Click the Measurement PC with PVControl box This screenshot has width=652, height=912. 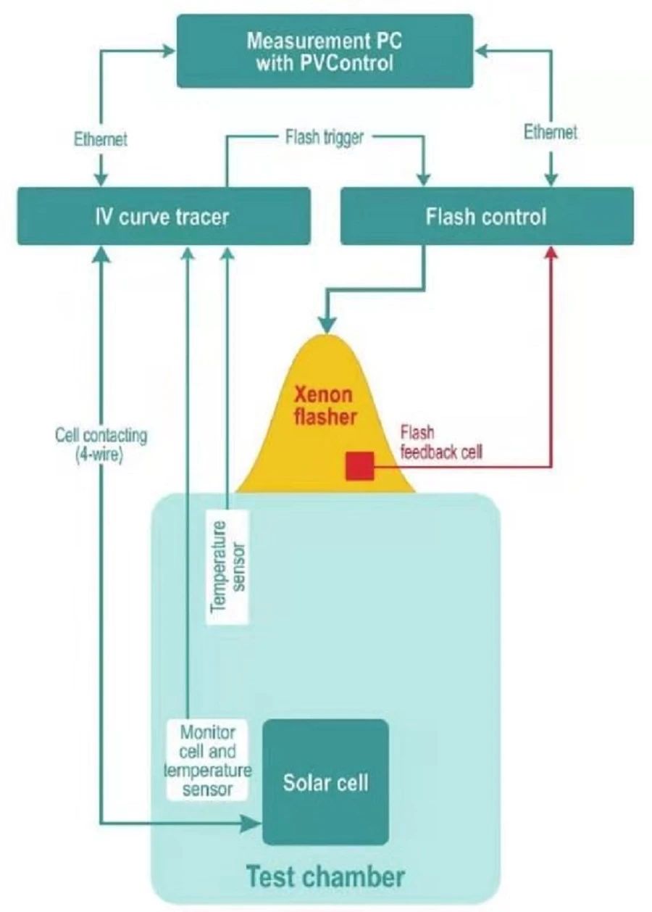click(325, 51)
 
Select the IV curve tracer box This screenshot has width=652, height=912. click(164, 216)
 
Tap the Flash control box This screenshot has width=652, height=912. click(487, 216)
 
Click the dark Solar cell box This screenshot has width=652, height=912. click(325, 782)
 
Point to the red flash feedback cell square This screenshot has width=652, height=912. click(360, 465)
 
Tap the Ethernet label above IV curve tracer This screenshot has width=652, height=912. click(100, 138)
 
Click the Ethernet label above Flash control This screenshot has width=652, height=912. click(551, 133)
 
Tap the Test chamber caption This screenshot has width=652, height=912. click(325, 876)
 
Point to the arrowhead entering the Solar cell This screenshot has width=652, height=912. click(253, 823)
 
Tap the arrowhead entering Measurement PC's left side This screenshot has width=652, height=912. click(170, 50)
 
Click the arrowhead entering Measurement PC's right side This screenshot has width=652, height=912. click(482, 50)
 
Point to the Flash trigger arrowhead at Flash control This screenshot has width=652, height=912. click(424, 179)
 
